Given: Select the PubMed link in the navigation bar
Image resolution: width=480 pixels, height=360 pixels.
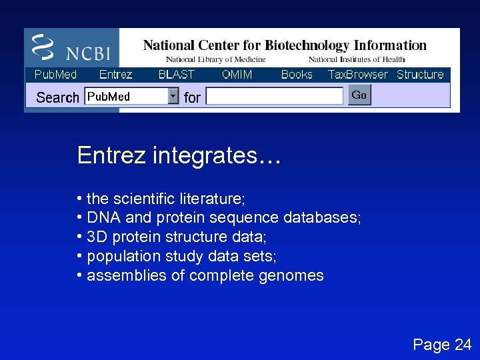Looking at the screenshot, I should [x=55, y=75].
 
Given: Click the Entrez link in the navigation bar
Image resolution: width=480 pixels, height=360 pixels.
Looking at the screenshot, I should [x=115, y=75].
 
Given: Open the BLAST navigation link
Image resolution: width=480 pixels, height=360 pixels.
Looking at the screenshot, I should [x=176, y=75].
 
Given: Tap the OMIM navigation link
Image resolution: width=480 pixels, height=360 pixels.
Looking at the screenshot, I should [x=237, y=75].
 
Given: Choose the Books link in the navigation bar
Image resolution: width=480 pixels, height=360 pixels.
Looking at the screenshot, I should [x=297, y=75].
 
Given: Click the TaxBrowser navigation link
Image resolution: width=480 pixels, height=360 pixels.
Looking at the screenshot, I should [x=357, y=75].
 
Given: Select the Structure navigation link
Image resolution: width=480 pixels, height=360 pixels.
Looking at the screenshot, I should [x=420, y=75].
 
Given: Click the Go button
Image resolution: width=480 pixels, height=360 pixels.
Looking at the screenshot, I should [x=359, y=95].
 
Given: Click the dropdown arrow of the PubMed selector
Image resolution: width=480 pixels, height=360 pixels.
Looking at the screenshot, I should [x=173, y=97].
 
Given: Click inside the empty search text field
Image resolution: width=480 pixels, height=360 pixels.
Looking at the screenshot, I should [x=274, y=97].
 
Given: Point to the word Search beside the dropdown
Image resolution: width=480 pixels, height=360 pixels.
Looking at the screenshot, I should [x=57, y=97].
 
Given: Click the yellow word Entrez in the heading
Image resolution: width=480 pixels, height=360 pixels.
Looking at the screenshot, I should [x=111, y=155].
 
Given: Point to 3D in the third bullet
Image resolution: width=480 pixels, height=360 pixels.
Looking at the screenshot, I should [x=97, y=237].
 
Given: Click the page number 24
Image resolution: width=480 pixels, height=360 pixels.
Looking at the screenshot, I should [x=463, y=345].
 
